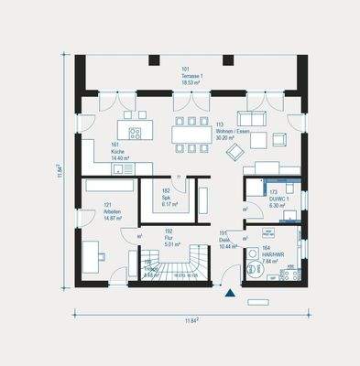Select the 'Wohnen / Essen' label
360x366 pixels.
pyautogui.click(x=230, y=134)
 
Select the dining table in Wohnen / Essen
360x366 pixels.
pyautogui.click(x=191, y=135)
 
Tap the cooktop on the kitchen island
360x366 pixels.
pyautogui.click(x=136, y=134)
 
